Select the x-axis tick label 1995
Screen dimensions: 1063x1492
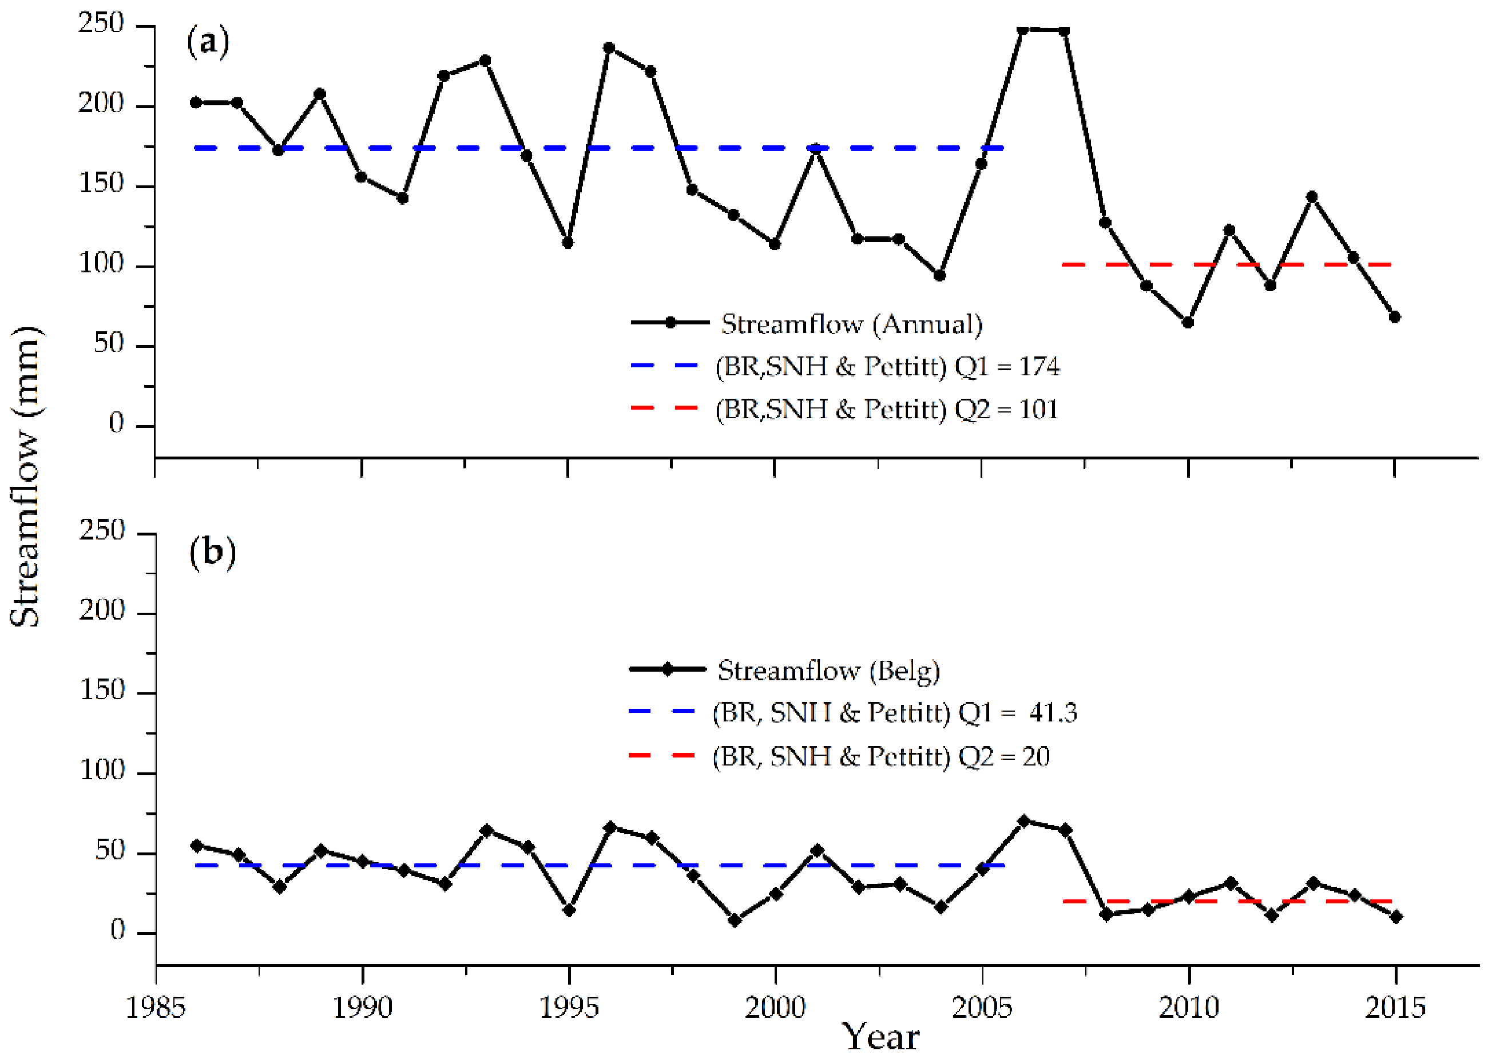(x=568, y=1008)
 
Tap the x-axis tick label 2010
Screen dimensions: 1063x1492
(x=1188, y=1008)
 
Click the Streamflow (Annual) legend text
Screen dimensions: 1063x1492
(x=851, y=324)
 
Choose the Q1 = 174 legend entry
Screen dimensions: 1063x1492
(x=887, y=367)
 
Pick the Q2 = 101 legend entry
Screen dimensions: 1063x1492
(x=886, y=410)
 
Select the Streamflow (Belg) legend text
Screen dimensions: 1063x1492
(x=828, y=671)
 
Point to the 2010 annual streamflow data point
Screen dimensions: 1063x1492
(x=1188, y=323)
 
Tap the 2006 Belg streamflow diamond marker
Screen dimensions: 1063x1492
(x=1024, y=821)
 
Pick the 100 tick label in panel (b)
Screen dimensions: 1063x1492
(x=102, y=771)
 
